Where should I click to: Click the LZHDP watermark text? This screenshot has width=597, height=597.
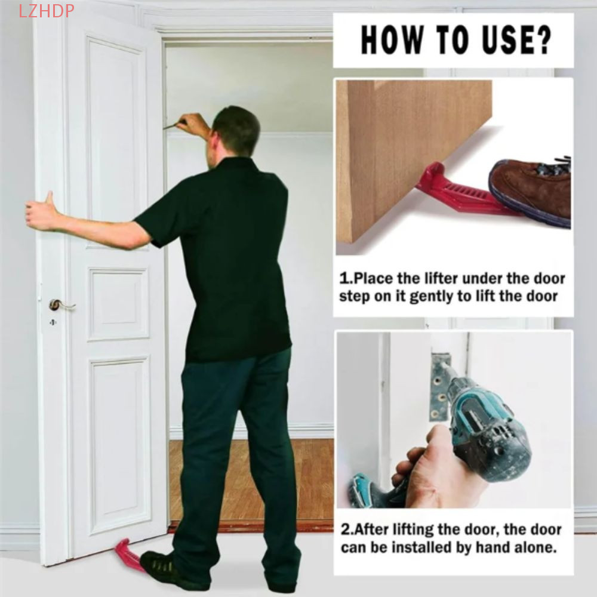47,10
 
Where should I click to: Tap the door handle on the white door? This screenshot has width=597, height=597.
60,305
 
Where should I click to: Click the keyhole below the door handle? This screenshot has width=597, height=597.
52,322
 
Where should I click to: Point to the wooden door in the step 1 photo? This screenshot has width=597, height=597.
406,149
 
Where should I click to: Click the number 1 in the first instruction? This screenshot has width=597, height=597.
343,279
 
